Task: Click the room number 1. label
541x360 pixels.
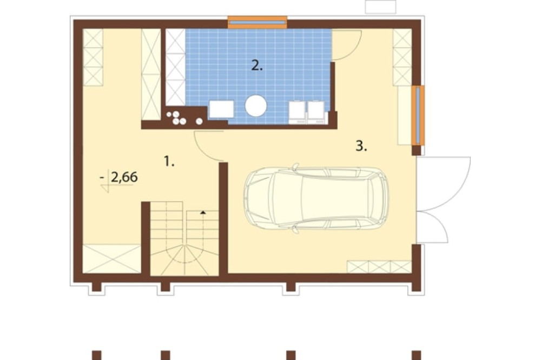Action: click(169, 162)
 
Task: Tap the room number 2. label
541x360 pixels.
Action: click(256, 65)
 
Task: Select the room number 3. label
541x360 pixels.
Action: click(361, 146)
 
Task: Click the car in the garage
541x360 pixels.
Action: click(316, 198)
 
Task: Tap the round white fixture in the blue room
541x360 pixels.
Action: click(256, 106)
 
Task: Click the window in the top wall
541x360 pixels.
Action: click(258, 22)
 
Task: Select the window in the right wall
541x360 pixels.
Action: click(418, 115)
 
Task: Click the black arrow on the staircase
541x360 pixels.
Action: click(203, 212)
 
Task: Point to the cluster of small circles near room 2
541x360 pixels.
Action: click(181, 118)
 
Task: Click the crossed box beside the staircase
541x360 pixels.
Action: click(111, 258)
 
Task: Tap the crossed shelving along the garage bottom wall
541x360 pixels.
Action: click(379, 267)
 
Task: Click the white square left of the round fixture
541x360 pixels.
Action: click(221, 109)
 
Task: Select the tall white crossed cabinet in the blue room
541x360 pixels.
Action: click(176, 67)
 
